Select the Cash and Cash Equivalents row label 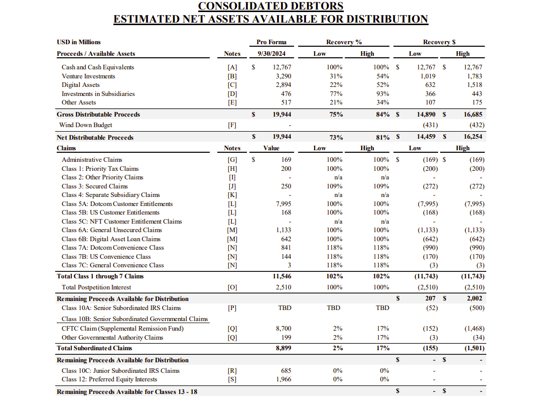pos(98,67)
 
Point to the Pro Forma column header pos(271,42)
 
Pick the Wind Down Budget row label pos(85,125)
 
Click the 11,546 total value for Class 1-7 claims pos(282,276)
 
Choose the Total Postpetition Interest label pos(96,287)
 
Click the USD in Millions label pos(79,42)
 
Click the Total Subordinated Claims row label pos(94,348)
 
